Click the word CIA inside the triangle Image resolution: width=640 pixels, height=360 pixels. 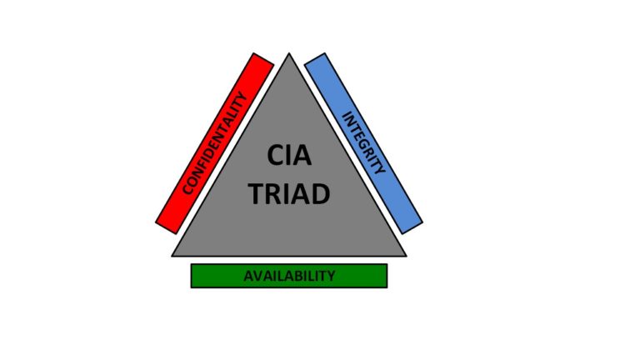pyautogui.click(x=289, y=156)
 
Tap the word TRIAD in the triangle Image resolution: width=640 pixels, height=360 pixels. pyautogui.click(x=289, y=193)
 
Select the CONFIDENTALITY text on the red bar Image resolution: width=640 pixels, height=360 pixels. pyautogui.click(x=217, y=142)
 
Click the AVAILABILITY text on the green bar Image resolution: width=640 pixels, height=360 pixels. pyautogui.click(x=289, y=276)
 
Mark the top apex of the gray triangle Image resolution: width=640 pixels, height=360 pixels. pyautogui.click(x=289, y=55)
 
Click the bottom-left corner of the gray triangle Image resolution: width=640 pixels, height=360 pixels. pyautogui.click(x=173, y=255)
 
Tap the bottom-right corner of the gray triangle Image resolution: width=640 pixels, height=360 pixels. pyautogui.click(x=406, y=255)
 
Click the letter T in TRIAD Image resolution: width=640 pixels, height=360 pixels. pyautogui.click(x=257, y=193)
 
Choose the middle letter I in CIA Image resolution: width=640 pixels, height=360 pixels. pyautogui.click(x=288, y=156)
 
